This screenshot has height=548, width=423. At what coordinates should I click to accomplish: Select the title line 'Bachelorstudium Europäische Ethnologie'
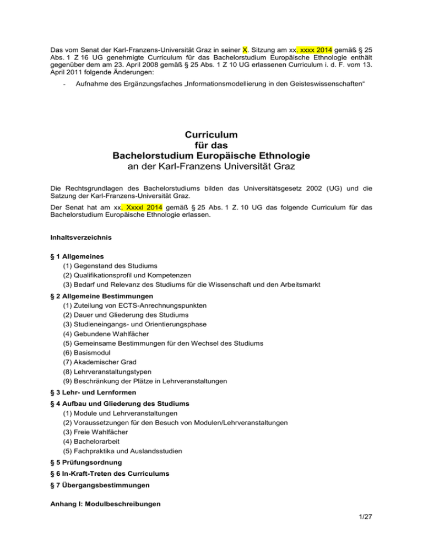211,155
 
